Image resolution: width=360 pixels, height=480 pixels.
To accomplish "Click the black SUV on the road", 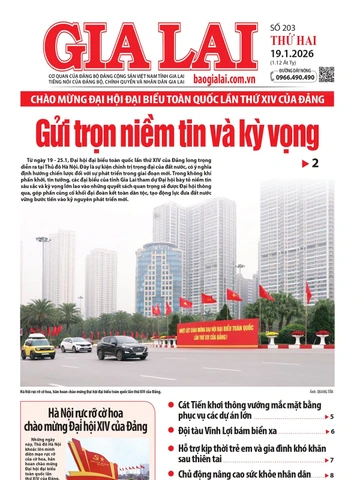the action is (121, 348).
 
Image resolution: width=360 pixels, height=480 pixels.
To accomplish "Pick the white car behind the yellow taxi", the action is (75, 344).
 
